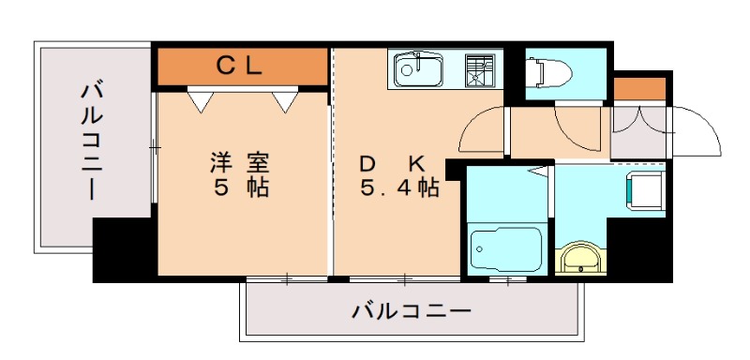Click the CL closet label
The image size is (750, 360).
tap(239, 67)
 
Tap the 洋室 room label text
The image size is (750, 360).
tap(241, 163)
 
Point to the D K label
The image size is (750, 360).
tap(392, 164)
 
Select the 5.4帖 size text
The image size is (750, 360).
tap(400, 188)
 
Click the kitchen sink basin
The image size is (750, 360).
tap(418, 69)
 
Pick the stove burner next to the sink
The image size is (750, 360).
tap(480, 70)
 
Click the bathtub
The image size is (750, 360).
tap(506, 248)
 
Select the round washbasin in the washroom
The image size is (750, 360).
tap(580, 259)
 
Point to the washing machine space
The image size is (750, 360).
tap(645, 190)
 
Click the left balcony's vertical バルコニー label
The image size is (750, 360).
tap(91, 142)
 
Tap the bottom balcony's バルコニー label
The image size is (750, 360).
tap(412, 311)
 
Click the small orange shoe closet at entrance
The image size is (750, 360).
tap(640, 89)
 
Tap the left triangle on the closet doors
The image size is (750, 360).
tap(201, 101)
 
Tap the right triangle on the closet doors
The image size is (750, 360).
tap(286, 101)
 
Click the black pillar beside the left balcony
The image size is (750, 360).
tap(125, 250)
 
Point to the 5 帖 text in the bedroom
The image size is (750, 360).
tap(241, 187)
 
